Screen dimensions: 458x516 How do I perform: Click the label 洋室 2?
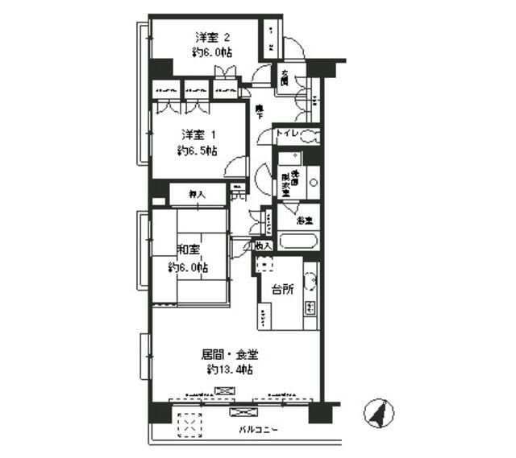213,37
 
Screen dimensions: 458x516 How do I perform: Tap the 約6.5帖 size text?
198,150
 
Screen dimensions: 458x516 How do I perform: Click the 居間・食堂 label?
231,353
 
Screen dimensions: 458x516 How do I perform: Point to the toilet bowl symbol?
310,136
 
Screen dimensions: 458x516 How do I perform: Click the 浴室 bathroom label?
304,219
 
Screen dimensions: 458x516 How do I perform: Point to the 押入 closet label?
196,193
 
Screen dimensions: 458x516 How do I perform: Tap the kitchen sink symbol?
310,282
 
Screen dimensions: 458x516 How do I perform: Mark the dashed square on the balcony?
189,424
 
